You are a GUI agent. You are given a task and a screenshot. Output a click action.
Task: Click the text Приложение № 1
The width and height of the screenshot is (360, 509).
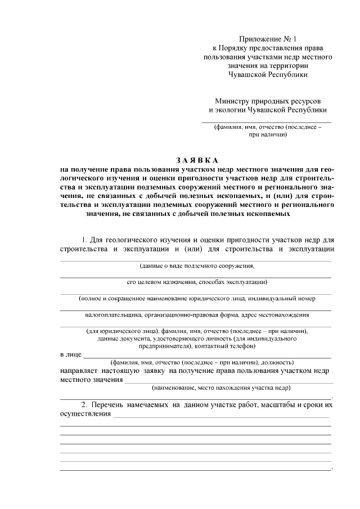pyautogui.click(x=267, y=39)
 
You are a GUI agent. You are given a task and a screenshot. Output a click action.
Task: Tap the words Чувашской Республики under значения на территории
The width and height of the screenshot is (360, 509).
pyautogui.click(x=267, y=74)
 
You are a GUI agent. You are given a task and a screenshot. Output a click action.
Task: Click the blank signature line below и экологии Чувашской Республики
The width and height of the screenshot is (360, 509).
pyautogui.click(x=267, y=121)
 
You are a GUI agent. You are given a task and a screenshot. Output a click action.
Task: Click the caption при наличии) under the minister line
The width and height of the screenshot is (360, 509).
pyautogui.click(x=267, y=136)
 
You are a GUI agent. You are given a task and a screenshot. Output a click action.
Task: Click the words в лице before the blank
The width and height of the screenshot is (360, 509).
pyautogui.click(x=70, y=355)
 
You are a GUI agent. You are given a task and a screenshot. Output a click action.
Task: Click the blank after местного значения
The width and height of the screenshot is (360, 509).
pyautogui.click(x=228, y=381)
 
